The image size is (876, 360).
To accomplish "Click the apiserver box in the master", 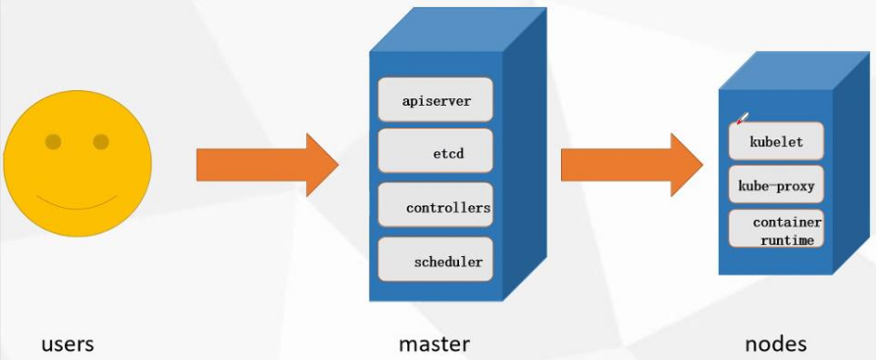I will (436, 100).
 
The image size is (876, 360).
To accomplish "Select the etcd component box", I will (436, 153).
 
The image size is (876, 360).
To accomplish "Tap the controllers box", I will (436, 207).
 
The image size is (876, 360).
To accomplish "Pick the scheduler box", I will (436, 261).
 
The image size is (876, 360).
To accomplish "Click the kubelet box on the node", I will (776, 141).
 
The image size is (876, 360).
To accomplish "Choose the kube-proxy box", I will (776, 184).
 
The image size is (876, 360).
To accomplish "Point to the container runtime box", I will (776, 229).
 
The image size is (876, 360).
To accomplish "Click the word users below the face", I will (68, 344).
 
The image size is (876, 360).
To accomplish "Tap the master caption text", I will (434, 344).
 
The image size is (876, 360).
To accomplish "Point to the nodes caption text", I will (775, 344).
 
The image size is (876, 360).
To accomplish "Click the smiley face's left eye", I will (53, 142).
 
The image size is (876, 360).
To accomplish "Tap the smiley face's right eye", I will (101, 142).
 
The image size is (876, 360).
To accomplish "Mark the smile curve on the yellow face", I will (78, 206).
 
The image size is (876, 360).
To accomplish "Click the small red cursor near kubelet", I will (742, 119).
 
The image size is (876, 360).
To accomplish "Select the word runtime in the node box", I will (787, 239).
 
